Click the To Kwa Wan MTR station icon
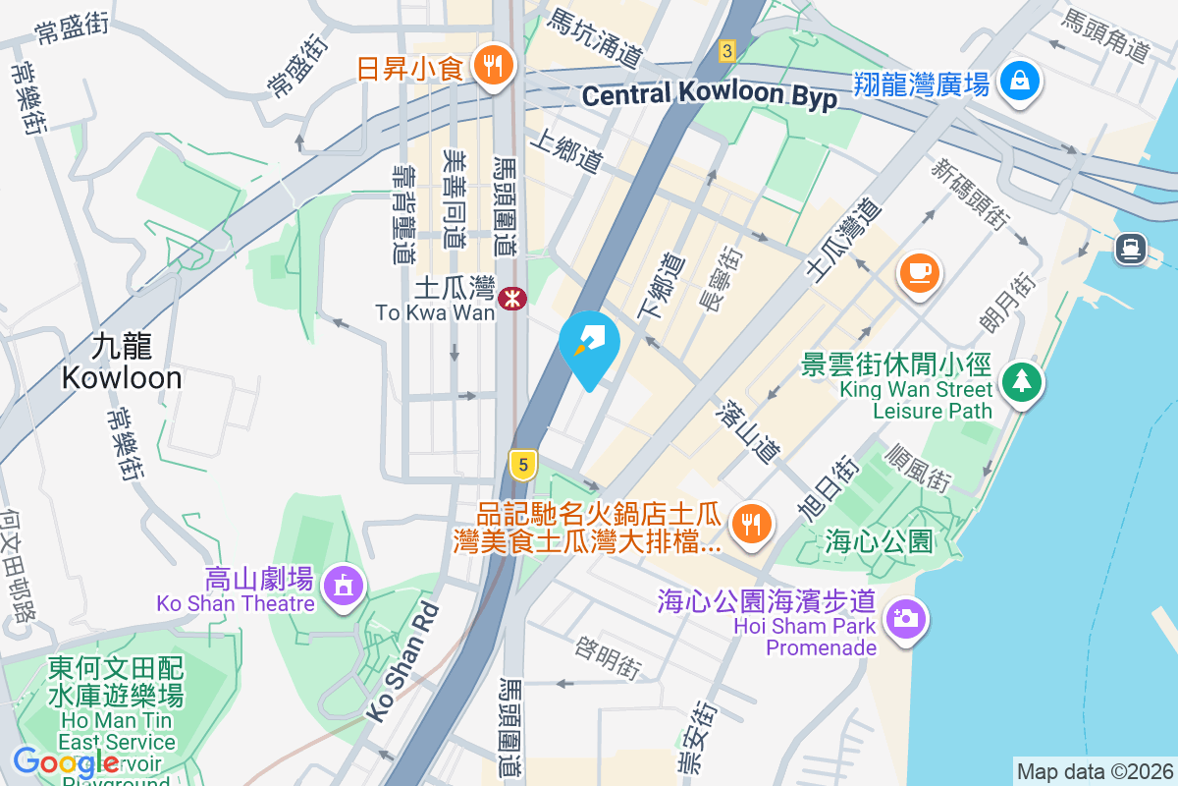pyautogui.click(x=510, y=298)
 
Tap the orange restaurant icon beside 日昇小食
pyautogui.click(x=488, y=66)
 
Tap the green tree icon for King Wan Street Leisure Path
pyautogui.click(x=1022, y=380)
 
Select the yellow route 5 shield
pyautogui.click(x=523, y=464)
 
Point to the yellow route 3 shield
pyautogui.click(x=726, y=50)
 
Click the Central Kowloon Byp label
pyautogui.click(x=709, y=95)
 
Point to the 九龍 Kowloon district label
pyautogui.click(x=122, y=362)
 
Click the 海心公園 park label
pyautogui.click(x=878, y=540)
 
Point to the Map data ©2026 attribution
pyautogui.click(x=1094, y=771)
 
